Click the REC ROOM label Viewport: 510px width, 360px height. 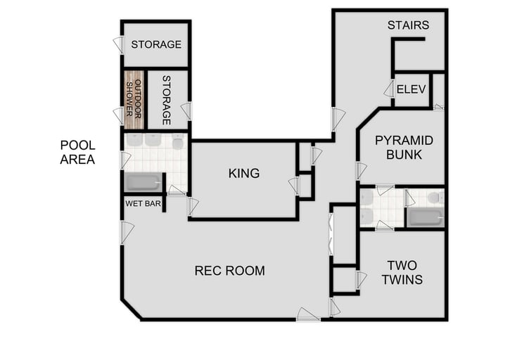229,271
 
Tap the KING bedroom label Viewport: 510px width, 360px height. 244,173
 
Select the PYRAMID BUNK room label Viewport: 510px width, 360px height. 403,147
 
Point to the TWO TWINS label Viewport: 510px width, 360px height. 402,272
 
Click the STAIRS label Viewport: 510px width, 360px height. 408,25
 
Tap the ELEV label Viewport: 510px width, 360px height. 410,89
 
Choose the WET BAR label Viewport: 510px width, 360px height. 143,204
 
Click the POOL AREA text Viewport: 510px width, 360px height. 77,152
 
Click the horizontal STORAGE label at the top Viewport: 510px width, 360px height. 156,44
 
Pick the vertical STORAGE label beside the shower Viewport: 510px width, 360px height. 167,99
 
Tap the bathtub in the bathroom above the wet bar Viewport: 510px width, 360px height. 143,183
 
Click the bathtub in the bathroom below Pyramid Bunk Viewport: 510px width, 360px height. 425,217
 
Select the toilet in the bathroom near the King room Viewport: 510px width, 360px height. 178,143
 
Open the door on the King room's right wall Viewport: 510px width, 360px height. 294,186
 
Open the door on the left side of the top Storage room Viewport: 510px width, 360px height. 118,44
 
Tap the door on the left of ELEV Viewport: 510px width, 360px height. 388,89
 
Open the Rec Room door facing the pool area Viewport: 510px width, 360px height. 126,231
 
